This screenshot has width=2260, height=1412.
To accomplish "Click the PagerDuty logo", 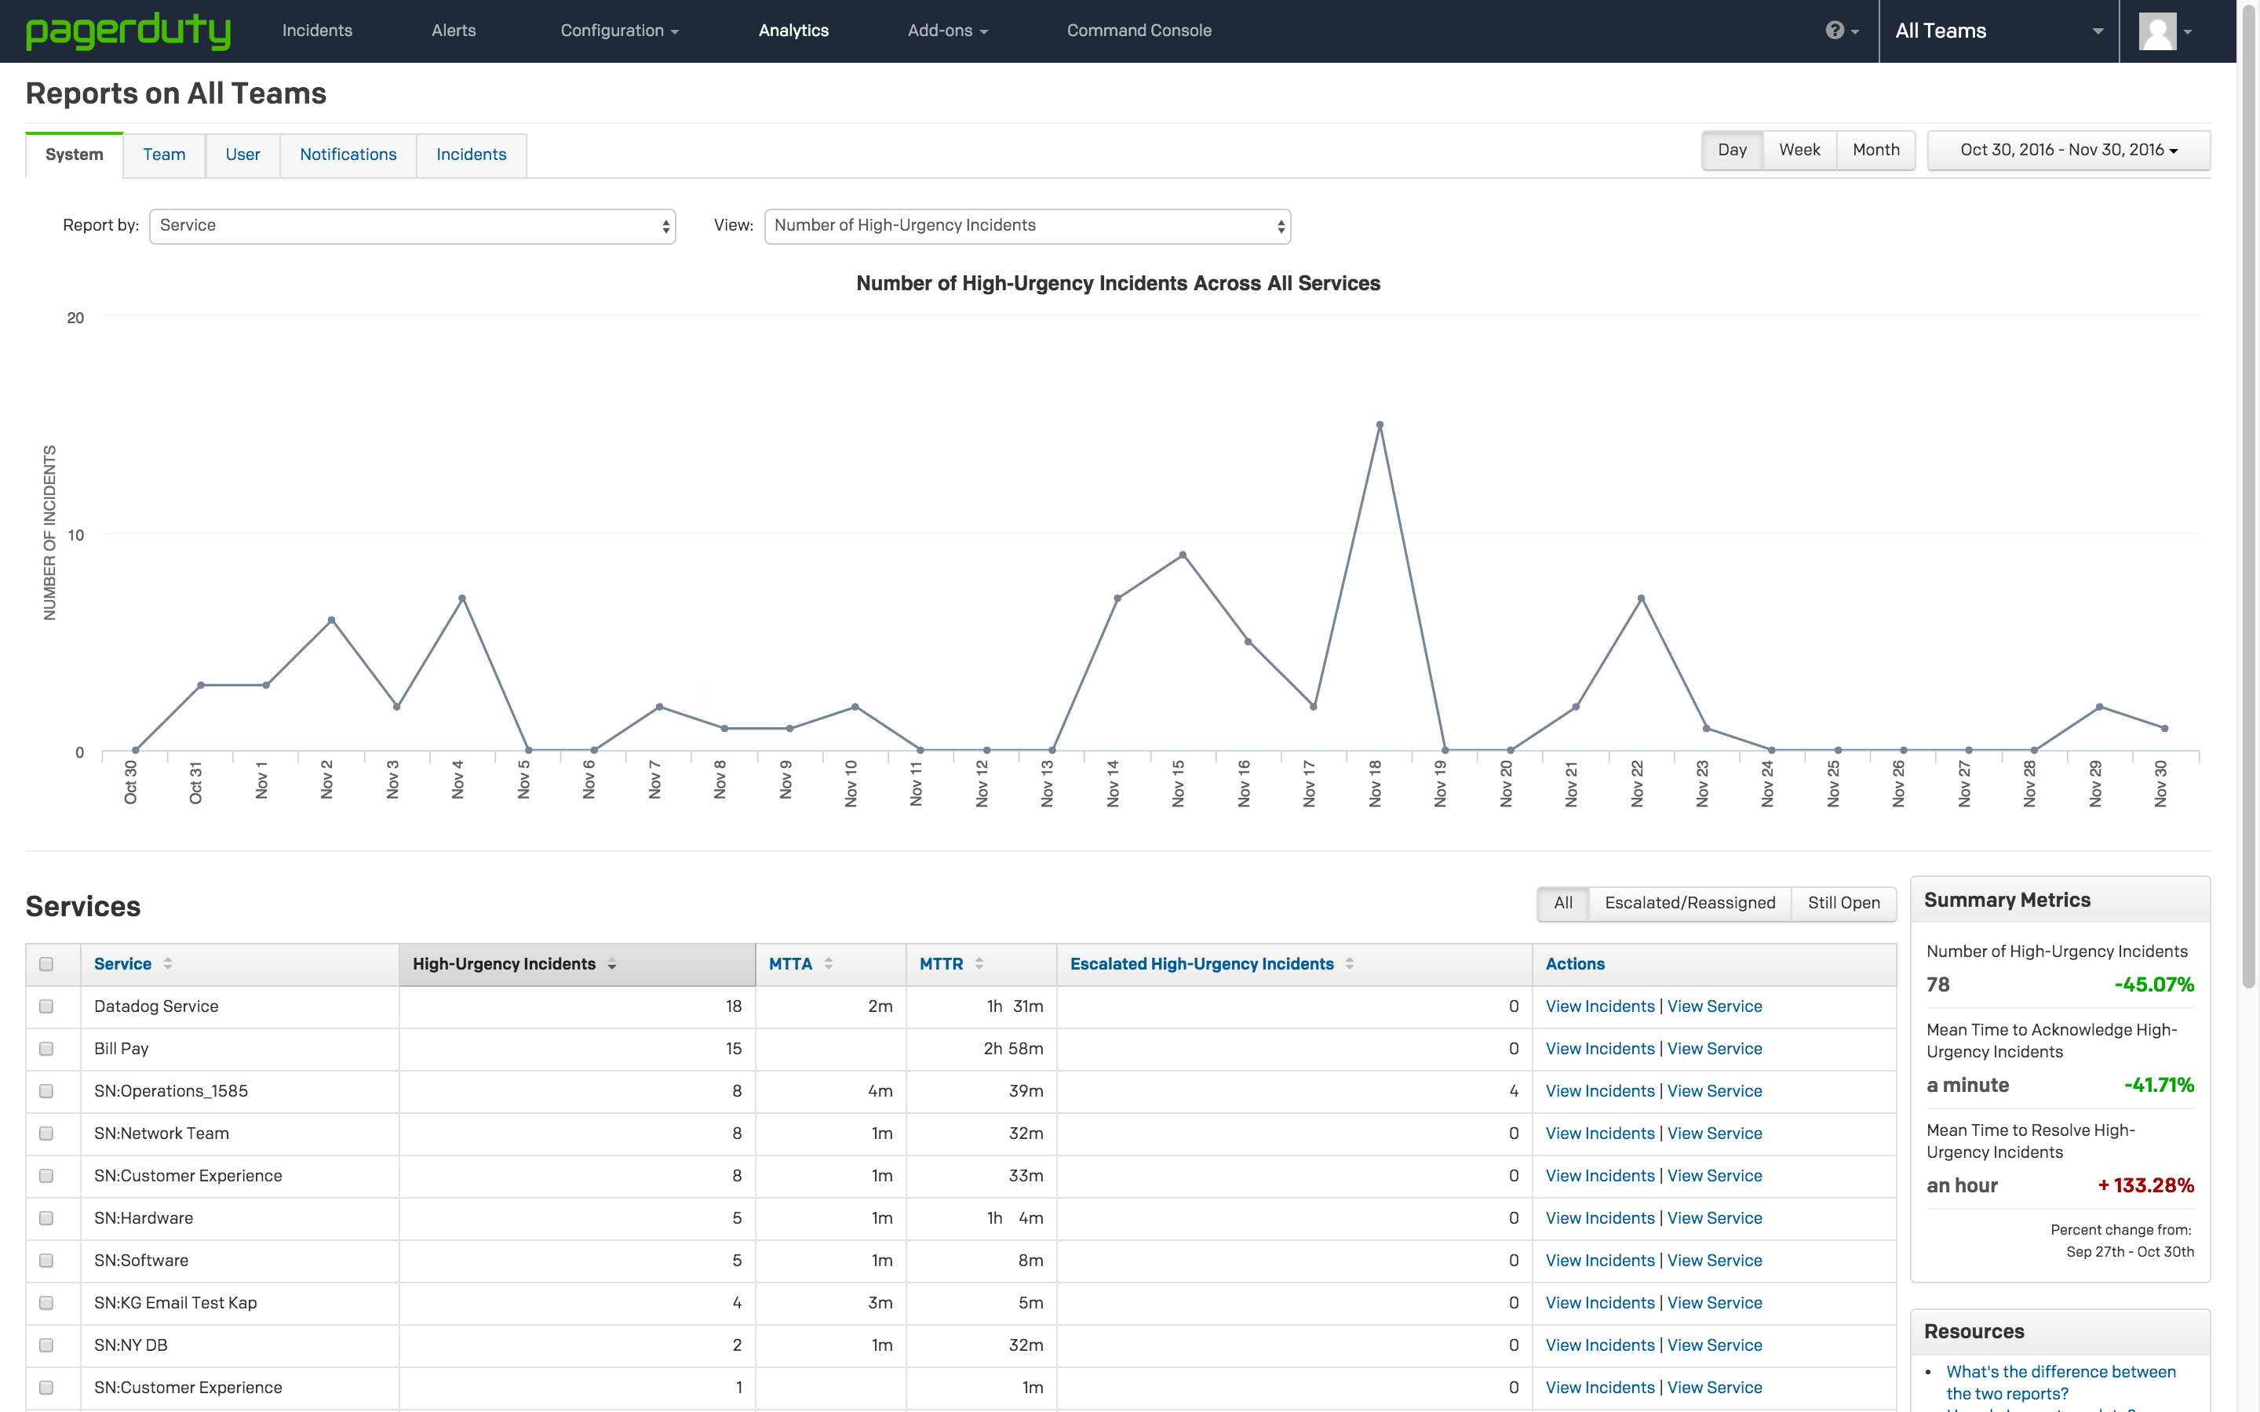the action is click(128, 31).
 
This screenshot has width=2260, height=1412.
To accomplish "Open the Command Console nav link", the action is click(1139, 31).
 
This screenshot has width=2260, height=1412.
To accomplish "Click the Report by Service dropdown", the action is click(412, 226).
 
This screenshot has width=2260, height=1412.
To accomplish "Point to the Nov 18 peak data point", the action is click(1380, 425).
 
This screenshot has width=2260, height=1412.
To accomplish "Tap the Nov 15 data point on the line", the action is click(1183, 555).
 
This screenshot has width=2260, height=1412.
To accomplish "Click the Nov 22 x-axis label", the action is click(1637, 783).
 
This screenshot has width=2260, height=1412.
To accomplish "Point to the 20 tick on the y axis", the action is click(75, 318).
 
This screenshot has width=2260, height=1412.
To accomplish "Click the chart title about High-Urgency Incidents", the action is click(1118, 284).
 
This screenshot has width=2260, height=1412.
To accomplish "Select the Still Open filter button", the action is click(1843, 903).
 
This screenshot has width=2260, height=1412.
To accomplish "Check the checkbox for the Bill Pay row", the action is click(46, 1050).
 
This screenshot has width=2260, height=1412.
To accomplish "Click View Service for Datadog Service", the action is click(1715, 1006).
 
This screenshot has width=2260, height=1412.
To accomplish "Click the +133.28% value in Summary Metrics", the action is click(2146, 1186).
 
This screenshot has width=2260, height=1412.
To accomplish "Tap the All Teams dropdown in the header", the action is click(1999, 31).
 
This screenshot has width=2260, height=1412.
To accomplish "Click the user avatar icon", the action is click(2157, 31).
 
